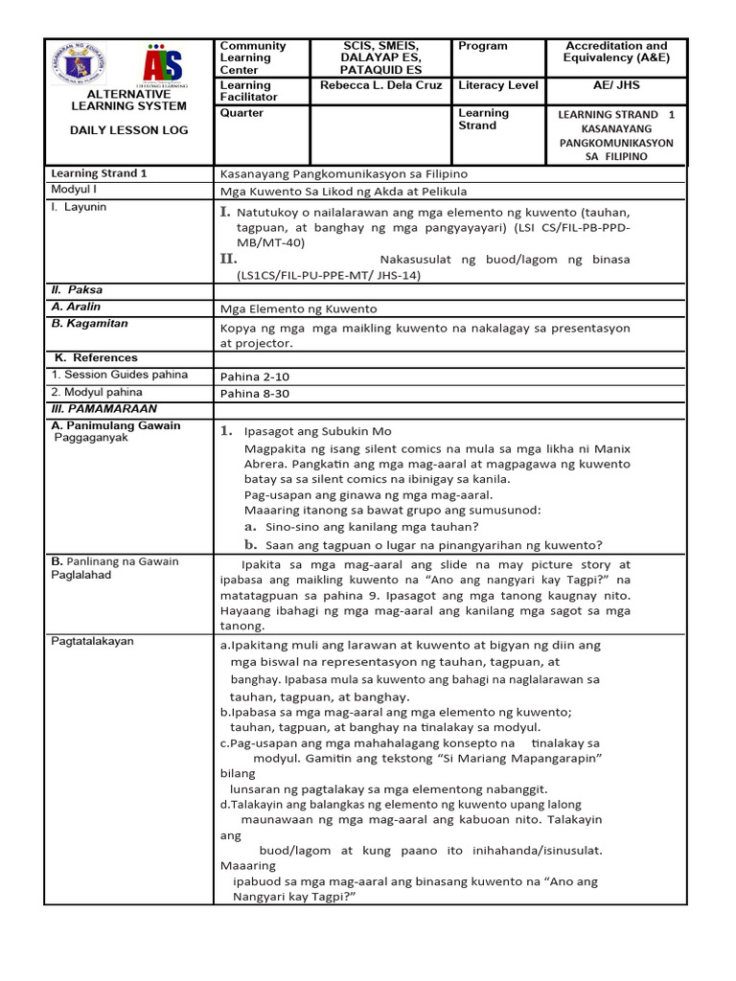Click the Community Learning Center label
[x=253, y=57]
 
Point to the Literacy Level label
[x=498, y=85]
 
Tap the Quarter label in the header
[x=241, y=113]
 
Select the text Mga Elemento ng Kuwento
[x=298, y=308]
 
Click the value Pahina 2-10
[x=254, y=376]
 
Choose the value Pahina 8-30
[x=254, y=393]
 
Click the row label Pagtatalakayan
[x=93, y=641]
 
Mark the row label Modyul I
[x=76, y=190]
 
